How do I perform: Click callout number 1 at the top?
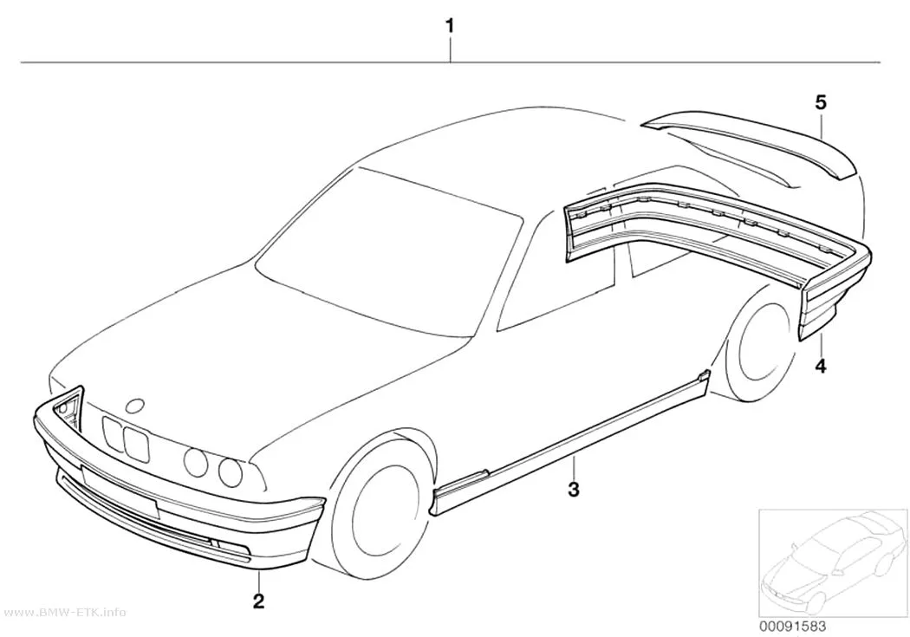point(449,26)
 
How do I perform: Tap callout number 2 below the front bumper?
point(259,600)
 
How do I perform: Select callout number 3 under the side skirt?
point(574,489)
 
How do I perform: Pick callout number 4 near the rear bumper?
point(821,366)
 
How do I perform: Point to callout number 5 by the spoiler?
point(821,102)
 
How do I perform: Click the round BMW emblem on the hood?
point(137,406)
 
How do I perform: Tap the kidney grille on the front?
point(126,439)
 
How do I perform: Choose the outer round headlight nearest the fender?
point(231,471)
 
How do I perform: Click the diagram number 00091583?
point(792,627)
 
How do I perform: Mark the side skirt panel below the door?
point(572,441)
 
